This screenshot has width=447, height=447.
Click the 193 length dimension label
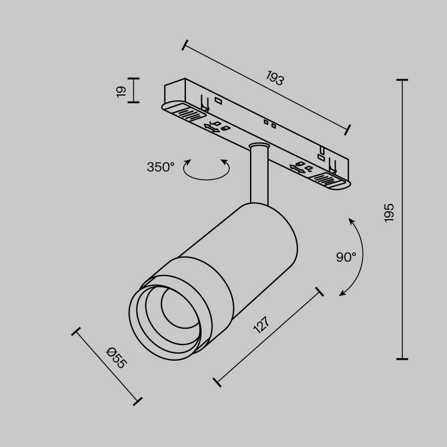click(x=275, y=78)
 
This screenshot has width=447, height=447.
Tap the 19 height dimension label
click(x=121, y=91)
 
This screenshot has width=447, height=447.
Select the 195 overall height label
click(x=389, y=213)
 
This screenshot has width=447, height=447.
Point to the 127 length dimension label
click(x=261, y=325)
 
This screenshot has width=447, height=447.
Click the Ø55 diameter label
click(x=116, y=358)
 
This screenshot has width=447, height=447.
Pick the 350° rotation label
click(x=160, y=167)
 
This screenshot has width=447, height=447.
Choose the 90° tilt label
click(x=346, y=257)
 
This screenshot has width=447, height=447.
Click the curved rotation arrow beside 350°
click(x=206, y=179)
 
